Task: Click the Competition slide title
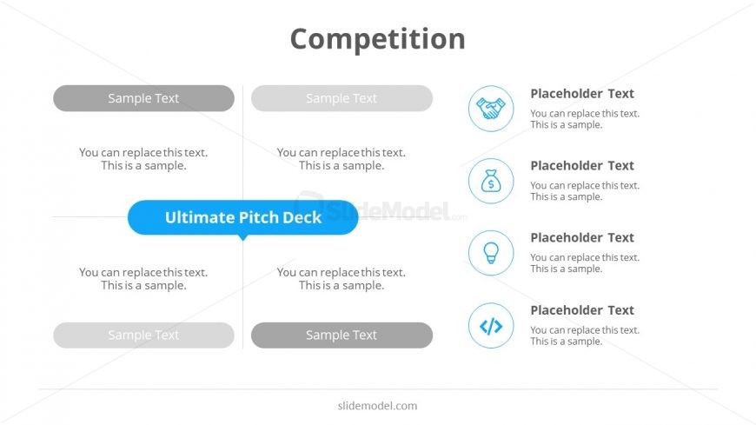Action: pyautogui.click(x=377, y=38)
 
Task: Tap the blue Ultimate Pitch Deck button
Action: pyautogui.click(x=243, y=217)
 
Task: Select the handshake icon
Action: pyautogui.click(x=491, y=109)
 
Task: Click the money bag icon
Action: pyautogui.click(x=491, y=181)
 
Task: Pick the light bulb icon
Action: pyautogui.click(x=491, y=253)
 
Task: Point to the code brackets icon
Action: pyautogui.click(x=491, y=326)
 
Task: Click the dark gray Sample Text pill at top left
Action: pyautogui.click(x=143, y=98)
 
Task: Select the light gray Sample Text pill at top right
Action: pyautogui.click(x=342, y=98)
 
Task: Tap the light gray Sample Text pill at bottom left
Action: pyautogui.click(x=143, y=335)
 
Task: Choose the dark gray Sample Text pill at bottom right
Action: pyautogui.click(x=342, y=335)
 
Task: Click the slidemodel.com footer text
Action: pyautogui.click(x=377, y=406)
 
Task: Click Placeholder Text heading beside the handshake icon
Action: pyautogui.click(x=582, y=94)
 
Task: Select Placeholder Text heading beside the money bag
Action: pyautogui.click(x=582, y=165)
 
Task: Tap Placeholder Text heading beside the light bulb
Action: pyautogui.click(x=582, y=237)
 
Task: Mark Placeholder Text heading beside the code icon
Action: pyautogui.click(x=582, y=310)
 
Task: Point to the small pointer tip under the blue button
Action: pyautogui.click(x=243, y=240)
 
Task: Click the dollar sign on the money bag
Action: pyautogui.click(x=491, y=183)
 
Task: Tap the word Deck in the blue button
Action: pyautogui.click(x=302, y=217)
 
